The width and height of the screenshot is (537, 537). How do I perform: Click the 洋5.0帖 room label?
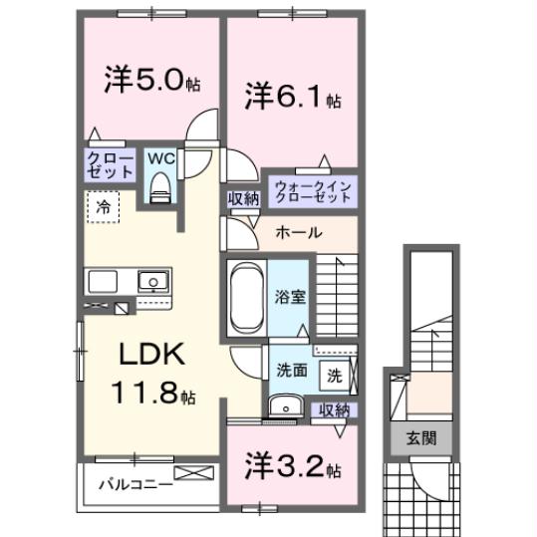point(152,79)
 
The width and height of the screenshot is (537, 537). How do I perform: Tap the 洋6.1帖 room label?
point(293,96)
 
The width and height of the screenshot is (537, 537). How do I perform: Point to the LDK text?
point(151,354)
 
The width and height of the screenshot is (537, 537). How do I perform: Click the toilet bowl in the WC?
point(160,188)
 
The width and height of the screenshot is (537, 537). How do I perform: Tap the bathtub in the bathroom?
point(247,297)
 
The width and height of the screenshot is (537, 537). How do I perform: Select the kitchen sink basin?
point(153,282)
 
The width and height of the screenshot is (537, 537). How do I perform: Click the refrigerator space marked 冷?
point(103,207)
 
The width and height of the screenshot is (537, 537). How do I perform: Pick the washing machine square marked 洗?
point(335,376)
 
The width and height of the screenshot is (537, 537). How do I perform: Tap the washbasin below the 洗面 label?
point(286,406)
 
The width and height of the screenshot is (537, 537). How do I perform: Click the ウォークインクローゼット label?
point(313,192)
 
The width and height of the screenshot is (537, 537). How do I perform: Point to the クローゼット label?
point(110,165)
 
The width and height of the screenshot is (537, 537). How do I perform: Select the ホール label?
point(299,233)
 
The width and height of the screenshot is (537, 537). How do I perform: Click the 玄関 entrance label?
point(421,438)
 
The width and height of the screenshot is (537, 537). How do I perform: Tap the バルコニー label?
point(135,484)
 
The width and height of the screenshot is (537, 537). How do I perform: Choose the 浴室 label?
point(290,297)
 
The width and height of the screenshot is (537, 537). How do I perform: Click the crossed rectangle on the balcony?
point(193,473)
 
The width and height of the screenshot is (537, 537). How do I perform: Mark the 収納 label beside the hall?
point(244,199)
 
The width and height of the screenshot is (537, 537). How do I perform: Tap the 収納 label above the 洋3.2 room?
point(335,410)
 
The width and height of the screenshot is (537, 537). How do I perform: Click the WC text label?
point(161,158)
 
